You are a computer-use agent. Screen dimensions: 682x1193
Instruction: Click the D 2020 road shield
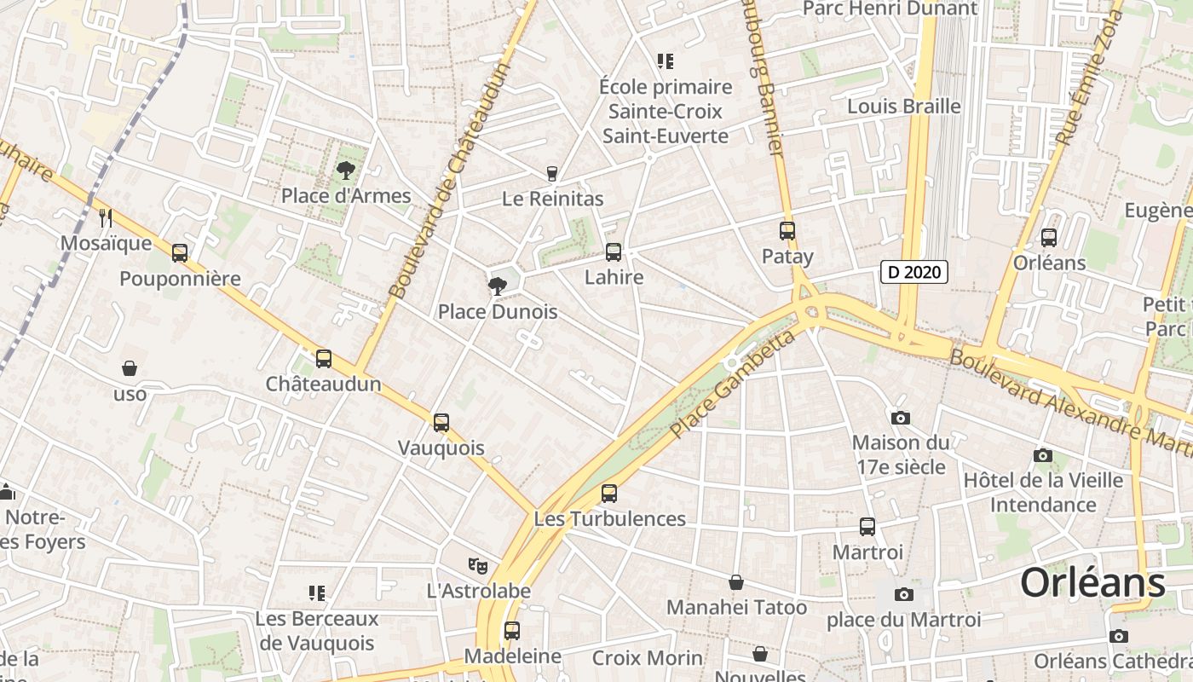tap(913, 272)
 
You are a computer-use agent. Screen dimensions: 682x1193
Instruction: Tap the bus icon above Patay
tap(787, 230)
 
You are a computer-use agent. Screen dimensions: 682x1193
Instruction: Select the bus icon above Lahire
tap(614, 251)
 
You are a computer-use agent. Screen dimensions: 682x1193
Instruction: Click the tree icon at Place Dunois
tap(498, 286)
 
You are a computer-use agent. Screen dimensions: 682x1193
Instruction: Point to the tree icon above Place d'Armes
tap(345, 170)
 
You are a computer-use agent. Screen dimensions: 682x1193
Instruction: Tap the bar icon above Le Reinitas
tap(552, 173)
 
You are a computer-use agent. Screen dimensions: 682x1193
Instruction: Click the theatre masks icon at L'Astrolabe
tap(478, 564)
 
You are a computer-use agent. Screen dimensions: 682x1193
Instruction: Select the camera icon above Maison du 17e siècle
tap(901, 418)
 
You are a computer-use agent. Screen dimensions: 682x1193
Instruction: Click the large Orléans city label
tap(1092, 583)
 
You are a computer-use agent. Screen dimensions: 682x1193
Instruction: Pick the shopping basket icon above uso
tap(130, 368)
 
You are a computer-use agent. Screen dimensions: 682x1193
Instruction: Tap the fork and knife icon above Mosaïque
tap(106, 217)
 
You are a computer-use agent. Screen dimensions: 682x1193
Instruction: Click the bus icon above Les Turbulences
tap(609, 493)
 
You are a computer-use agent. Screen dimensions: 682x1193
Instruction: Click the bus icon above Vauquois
tap(441, 422)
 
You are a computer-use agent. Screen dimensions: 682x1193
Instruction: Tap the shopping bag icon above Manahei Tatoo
tap(736, 582)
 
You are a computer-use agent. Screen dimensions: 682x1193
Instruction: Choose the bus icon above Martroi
tap(867, 526)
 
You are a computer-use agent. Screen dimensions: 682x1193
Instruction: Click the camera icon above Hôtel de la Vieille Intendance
tap(1042, 455)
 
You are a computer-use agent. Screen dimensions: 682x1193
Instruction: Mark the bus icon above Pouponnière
tap(180, 252)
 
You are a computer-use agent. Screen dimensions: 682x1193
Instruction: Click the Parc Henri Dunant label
tap(890, 9)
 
